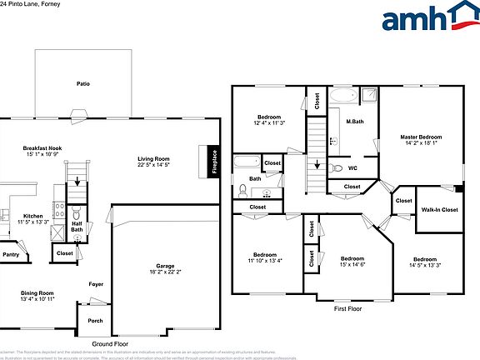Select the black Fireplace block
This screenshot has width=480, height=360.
tap(213, 162)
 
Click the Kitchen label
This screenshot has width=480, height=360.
tap(32, 216)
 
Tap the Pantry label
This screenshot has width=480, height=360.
tap(10, 254)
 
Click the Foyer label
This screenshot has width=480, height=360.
tap(97, 284)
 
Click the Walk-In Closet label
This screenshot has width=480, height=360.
tap(439, 210)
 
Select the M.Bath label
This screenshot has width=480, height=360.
tap(355, 122)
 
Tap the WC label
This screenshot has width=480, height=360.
tap(352, 167)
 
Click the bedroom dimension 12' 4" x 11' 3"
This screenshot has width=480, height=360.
tap(269, 122)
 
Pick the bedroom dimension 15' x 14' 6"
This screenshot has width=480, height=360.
tap(352, 264)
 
